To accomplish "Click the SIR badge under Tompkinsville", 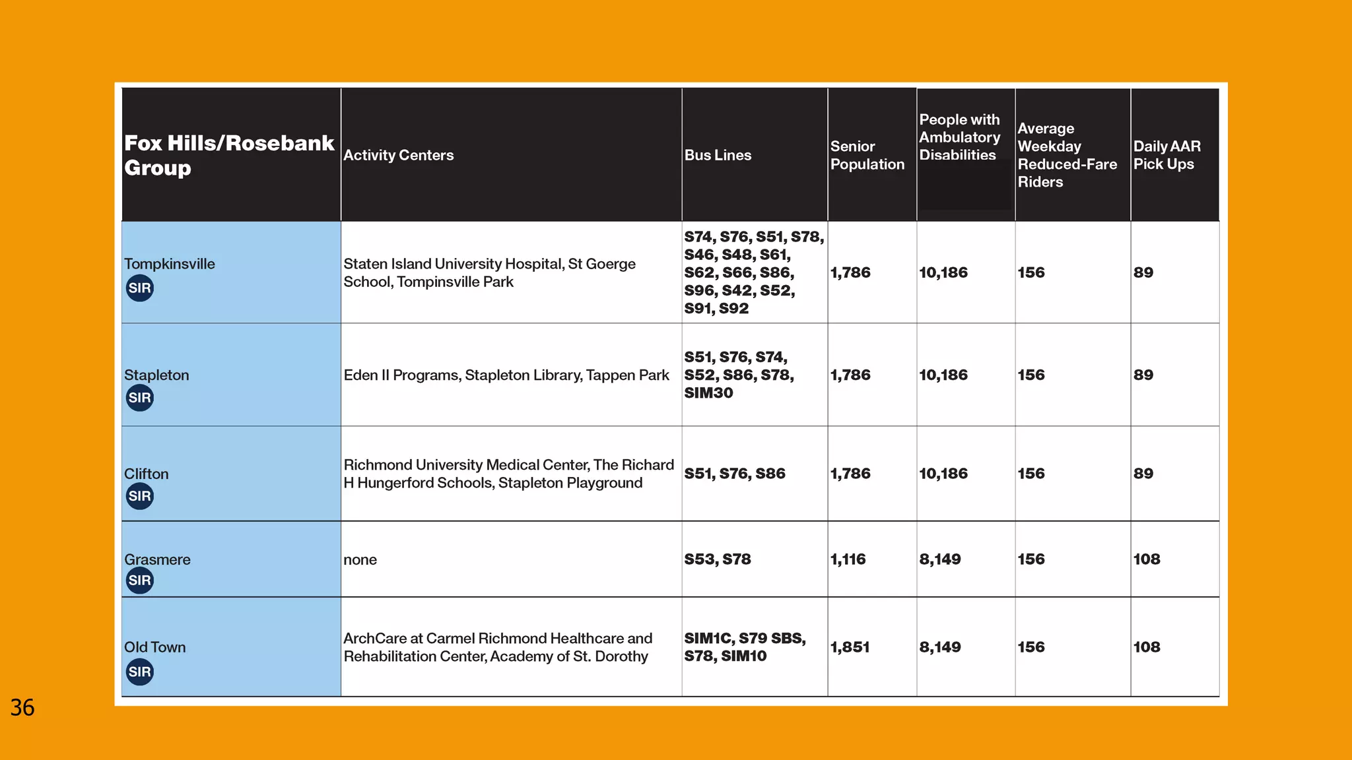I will tap(139, 288).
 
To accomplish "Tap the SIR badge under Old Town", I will tap(139, 672).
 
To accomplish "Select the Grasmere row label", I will tap(157, 559).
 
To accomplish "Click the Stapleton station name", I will tap(156, 375).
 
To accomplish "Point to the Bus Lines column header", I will tap(718, 155).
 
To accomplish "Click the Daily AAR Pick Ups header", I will tap(1166, 155).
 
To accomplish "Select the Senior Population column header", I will tap(867, 155).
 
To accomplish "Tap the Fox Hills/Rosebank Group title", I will tap(229, 155).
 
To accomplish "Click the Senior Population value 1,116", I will tap(848, 559).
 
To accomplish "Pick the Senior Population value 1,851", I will tap(850, 647).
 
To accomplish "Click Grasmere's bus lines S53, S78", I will tap(718, 559).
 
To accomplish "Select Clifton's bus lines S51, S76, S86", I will tap(735, 474).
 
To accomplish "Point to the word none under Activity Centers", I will tap(360, 560).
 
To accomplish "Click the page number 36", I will tap(22, 708).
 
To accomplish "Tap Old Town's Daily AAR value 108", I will tap(1147, 647).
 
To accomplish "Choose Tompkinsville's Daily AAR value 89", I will tap(1143, 272).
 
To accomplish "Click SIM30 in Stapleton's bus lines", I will tap(708, 393).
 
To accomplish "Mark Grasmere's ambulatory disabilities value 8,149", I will tap(940, 559).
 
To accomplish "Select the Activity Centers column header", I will tap(398, 155).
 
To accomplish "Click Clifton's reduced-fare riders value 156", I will tap(1031, 474).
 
